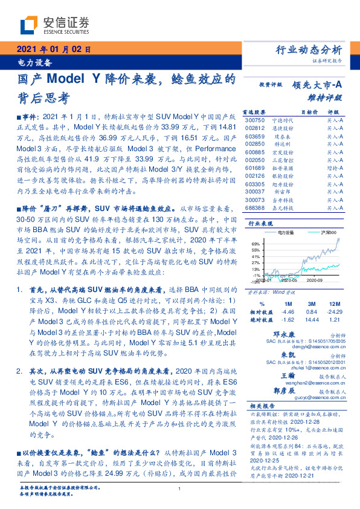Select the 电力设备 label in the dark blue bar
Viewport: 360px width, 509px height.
coord(33,62)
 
